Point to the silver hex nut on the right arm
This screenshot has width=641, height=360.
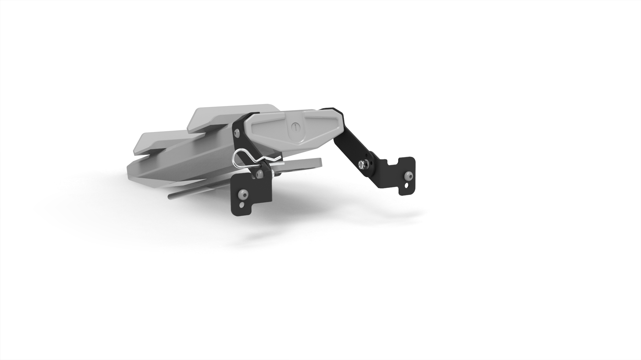[x=362, y=164]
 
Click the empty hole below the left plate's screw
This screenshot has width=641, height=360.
[x=242, y=204]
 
